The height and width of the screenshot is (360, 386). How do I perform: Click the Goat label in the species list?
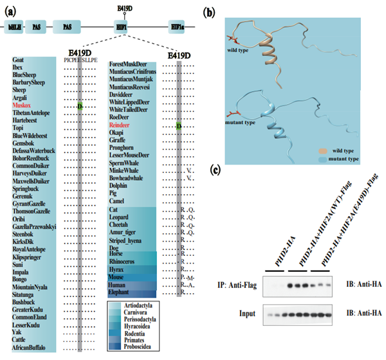pyautogui.click(x=19, y=60)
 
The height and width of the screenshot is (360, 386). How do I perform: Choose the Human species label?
pyautogui.click(x=118, y=285)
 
